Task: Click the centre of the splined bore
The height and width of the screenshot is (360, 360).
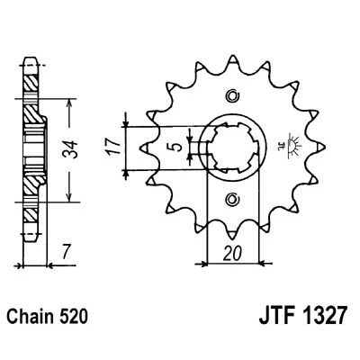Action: pos(233,148)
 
